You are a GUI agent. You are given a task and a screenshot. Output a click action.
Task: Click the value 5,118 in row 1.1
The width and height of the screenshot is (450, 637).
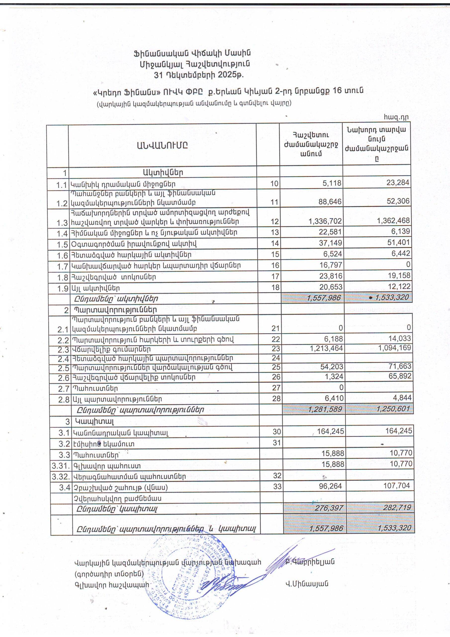tap(332, 183)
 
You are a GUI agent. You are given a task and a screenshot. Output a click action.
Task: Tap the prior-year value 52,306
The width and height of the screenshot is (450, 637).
tap(399, 201)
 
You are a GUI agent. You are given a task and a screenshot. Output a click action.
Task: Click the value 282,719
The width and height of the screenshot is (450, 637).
tap(397, 508)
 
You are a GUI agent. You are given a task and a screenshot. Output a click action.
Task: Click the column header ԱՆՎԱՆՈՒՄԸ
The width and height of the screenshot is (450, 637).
tap(162, 145)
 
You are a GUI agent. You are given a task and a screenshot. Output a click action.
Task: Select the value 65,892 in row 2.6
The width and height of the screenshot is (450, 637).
tap(400, 377)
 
